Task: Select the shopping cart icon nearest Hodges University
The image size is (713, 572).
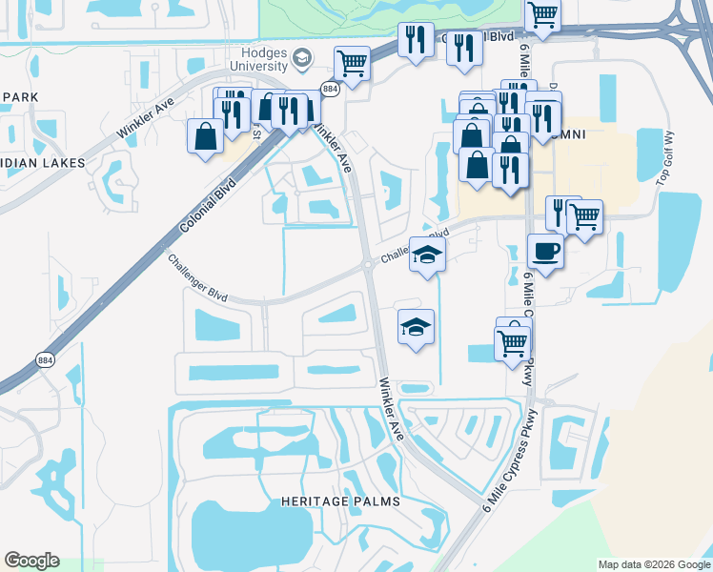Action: pos(352,64)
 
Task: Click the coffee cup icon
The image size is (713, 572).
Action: pos(545,252)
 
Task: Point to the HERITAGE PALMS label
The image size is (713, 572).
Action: pos(340,500)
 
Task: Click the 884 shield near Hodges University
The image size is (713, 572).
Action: pos(331,89)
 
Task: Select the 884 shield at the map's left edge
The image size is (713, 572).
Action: pos(45,360)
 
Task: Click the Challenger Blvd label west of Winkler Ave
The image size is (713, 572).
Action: pos(198,278)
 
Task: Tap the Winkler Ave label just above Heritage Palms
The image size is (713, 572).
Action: pos(394,409)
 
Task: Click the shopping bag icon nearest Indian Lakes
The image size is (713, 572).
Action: pos(206,136)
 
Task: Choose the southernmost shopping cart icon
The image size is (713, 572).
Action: pos(513,343)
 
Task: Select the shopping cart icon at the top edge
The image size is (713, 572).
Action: pos(542,15)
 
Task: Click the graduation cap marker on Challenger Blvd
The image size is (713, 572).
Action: pos(427,255)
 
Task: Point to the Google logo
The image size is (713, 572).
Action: pos(31,561)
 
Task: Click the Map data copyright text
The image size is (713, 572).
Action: pos(654,564)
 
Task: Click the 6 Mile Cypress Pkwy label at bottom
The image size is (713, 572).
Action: pos(512,459)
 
